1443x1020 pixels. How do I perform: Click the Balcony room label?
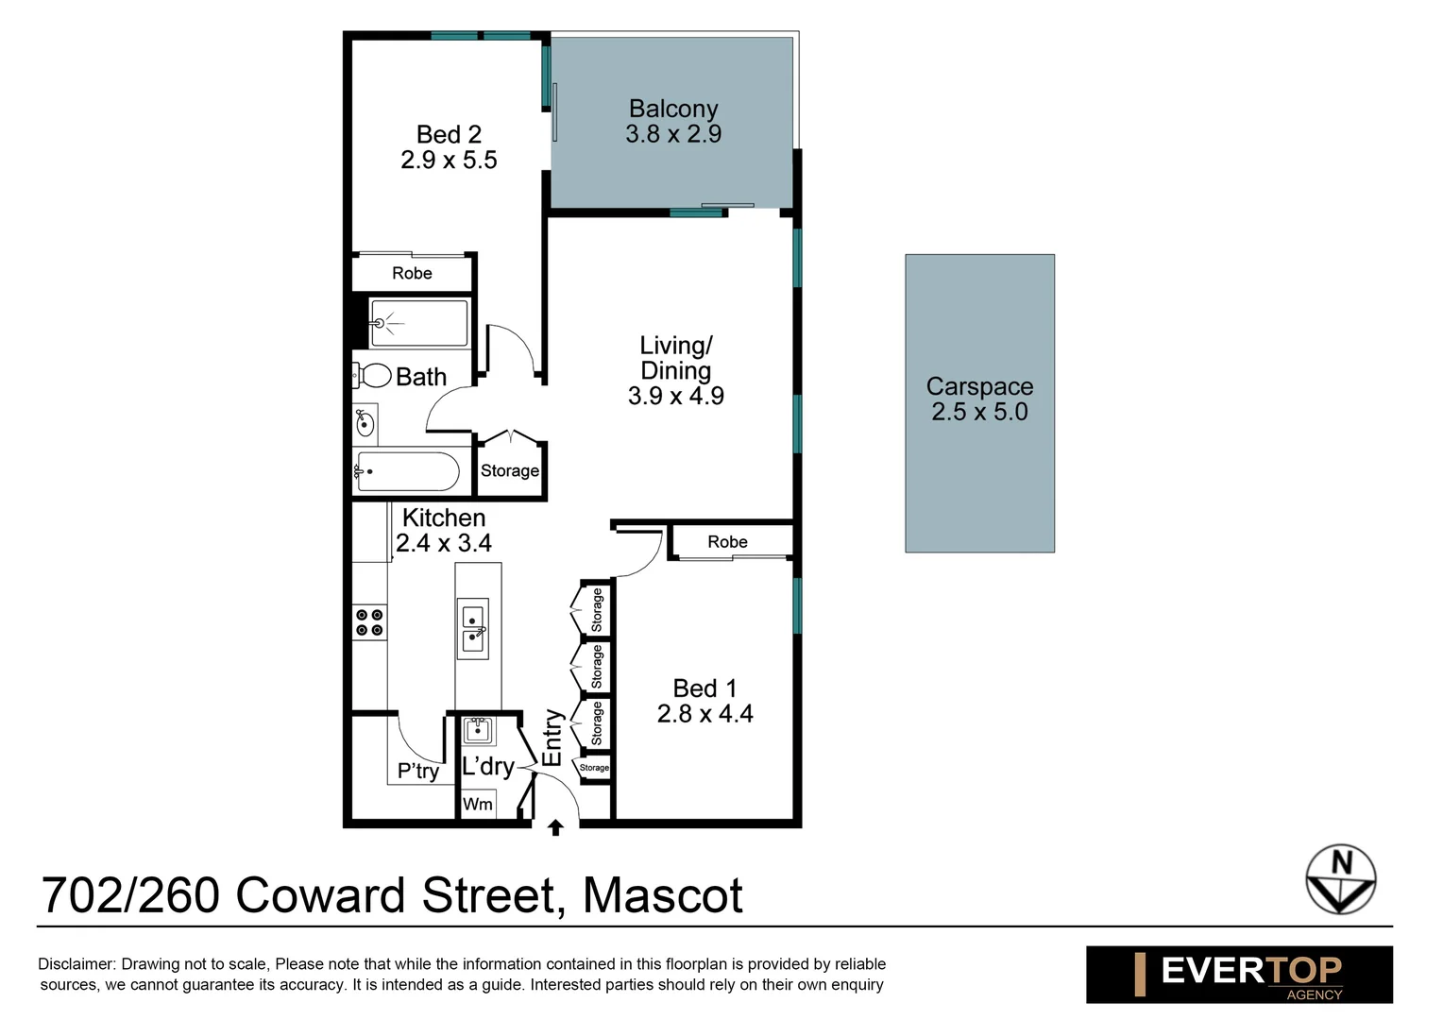coord(673,110)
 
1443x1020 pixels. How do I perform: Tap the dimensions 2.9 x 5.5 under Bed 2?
coord(449,161)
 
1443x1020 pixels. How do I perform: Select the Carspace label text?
coord(979,386)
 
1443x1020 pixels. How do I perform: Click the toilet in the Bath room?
coord(374,376)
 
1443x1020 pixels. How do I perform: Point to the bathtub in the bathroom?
coord(408,471)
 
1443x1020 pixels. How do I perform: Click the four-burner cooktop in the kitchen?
coord(369,622)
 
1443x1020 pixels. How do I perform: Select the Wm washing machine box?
coord(478,804)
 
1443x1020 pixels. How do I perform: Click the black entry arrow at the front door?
coord(555,827)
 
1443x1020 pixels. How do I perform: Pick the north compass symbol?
coord(1340,878)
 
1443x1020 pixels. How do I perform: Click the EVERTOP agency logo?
coord(1239,974)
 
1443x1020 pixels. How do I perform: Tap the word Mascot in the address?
coord(663,895)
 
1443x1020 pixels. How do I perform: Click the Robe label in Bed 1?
coord(727,542)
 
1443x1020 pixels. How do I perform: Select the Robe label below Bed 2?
coord(412,274)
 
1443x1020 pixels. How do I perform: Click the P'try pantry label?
coord(417,771)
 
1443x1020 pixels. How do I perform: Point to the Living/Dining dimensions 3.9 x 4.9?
coord(676,397)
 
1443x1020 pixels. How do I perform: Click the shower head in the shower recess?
coord(380,323)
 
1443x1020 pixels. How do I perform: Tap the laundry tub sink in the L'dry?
coord(479,730)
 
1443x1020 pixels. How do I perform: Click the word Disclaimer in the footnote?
coord(76,964)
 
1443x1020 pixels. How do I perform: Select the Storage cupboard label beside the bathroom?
coord(510,470)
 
